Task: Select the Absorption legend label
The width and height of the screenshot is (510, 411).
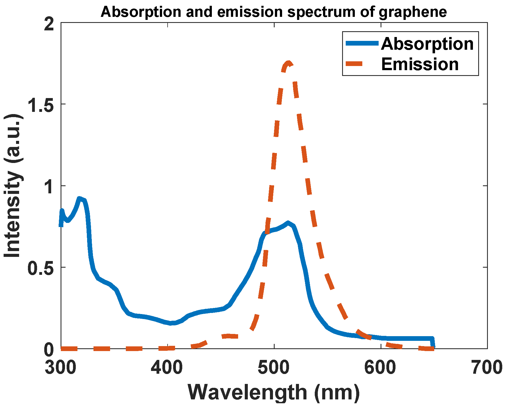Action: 427,44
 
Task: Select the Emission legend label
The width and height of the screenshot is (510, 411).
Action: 420,64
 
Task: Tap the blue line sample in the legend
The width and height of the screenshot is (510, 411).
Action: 362,43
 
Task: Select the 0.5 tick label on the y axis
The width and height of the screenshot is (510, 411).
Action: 41,268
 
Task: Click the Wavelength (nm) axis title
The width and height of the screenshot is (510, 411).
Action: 274,392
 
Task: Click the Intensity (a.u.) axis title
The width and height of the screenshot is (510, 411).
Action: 13,185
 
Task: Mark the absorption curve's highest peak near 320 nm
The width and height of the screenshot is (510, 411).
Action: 80,199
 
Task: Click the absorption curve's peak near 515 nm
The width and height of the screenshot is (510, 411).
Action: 288,223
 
